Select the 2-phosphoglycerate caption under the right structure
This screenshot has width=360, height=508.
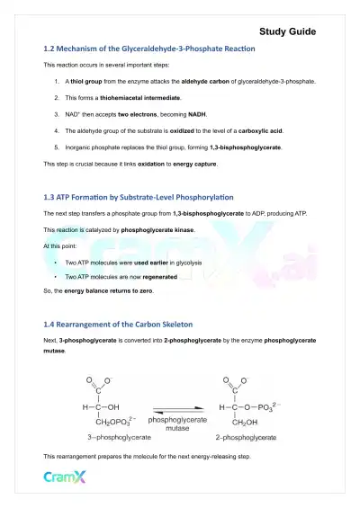[245, 437]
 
